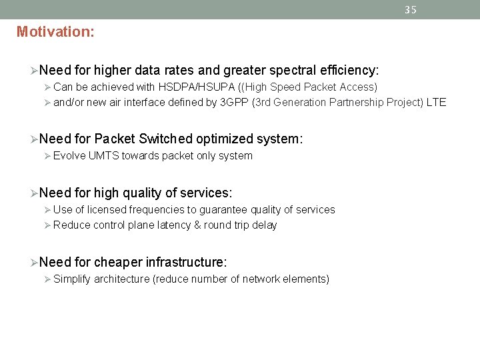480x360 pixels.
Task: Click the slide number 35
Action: tap(411, 9)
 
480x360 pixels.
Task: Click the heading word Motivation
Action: tap(54, 31)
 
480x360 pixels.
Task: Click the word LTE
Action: tap(436, 102)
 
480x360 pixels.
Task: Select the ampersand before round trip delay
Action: tap(197, 225)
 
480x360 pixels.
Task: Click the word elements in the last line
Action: tap(306, 279)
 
